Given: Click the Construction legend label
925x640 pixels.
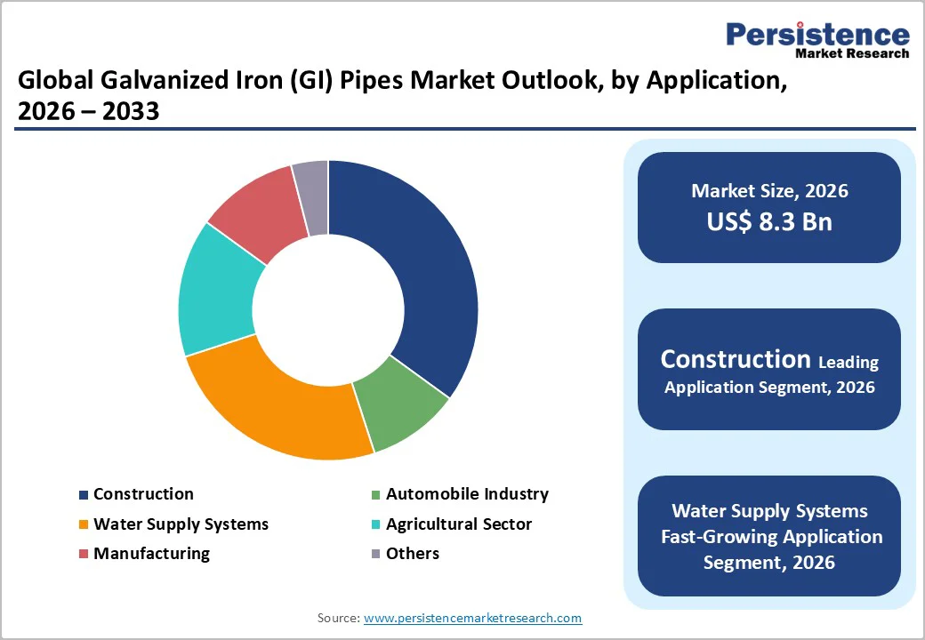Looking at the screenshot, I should pos(143,494).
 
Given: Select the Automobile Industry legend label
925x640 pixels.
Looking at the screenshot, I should pos(467,494).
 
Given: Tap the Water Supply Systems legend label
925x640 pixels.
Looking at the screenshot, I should pos(181,524).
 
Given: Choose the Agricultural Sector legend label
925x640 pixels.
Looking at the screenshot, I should pos(458,524).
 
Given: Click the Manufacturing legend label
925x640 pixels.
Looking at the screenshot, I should pos(151,554).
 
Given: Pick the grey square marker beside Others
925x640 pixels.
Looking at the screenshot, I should pos(375,555).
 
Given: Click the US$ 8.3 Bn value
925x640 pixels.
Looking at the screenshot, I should pos(769,221).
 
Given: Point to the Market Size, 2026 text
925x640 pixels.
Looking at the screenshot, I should pos(769,190).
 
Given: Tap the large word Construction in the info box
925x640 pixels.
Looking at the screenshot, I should pos(735,359).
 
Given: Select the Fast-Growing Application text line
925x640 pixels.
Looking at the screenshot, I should pos(771,537).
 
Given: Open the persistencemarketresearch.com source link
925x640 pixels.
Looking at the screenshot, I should pos(472,618).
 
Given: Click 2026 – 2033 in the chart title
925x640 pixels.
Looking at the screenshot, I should pos(88,112).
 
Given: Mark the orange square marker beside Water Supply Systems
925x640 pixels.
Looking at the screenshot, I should pos(84,525).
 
